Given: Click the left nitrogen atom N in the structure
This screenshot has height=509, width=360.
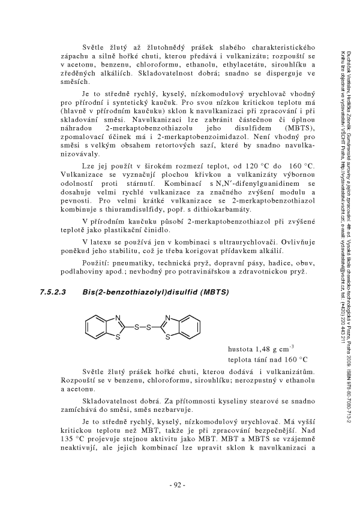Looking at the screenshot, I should (118, 319).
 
